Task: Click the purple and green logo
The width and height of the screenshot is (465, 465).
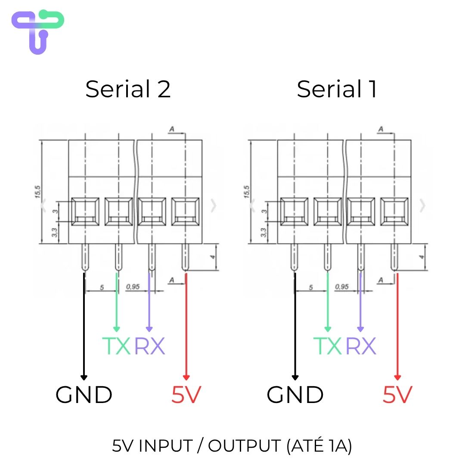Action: click(x=37, y=32)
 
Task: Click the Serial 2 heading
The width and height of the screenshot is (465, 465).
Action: click(x=128, y=89)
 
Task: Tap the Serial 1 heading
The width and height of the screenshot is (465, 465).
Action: click(x=337, y=89)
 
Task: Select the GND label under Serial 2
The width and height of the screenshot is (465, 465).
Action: click(x=84, y=395)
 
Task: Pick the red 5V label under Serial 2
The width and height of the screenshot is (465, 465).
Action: click(x=186, y=395)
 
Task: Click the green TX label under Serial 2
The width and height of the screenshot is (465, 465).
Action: click(x=116, y=346)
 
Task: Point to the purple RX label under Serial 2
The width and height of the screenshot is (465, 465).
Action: click(x=150, y=346)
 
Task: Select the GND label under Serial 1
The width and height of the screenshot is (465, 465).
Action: click(x=295, y=395)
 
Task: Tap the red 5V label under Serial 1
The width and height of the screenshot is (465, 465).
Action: click(x=398, y=395)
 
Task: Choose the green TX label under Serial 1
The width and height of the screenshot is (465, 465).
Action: click(x=327, y=346)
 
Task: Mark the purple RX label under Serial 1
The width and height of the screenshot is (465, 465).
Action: click(x=361, y=346)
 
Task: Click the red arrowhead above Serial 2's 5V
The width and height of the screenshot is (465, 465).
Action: click(x=186, y=378)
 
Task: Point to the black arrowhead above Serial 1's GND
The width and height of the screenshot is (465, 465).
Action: click(x=295, y=378)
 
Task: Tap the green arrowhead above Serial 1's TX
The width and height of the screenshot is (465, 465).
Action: click(x=328, y=329)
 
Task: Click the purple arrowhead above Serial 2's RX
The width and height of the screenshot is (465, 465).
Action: click(x=149, y=329)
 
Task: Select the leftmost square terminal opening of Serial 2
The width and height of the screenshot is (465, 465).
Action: click(x=85, y=211)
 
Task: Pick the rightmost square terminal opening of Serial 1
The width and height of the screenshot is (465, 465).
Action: click(x=394, y=211)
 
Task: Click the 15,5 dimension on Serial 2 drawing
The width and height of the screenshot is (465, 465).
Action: click(x=37, y=192)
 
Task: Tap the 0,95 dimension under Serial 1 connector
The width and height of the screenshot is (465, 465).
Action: click(x=342, y=287)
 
